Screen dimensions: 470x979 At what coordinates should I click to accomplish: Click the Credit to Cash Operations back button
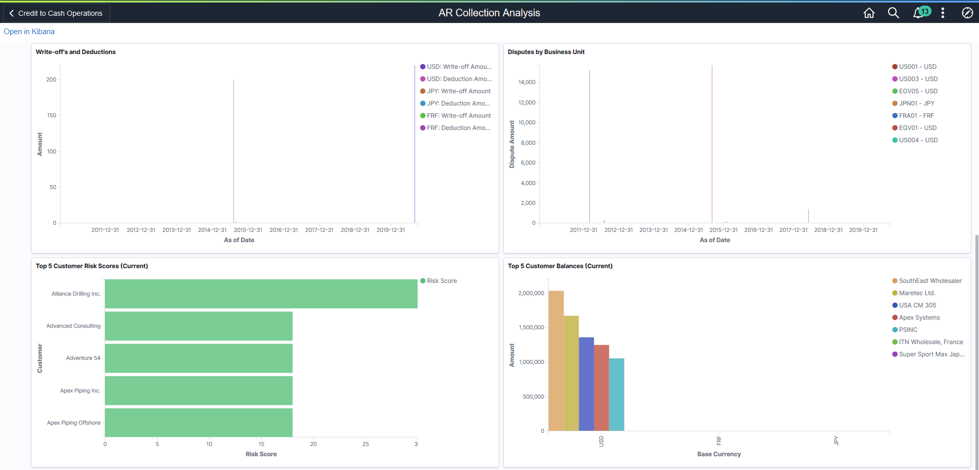coord(56,13)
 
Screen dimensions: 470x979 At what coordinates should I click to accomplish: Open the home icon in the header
coord(869,13)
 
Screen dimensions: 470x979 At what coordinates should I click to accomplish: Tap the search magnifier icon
coord(893,13)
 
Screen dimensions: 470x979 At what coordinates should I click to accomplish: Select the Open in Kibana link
coord(29,32)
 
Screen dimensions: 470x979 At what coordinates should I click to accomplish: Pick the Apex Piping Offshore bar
coord(199,423)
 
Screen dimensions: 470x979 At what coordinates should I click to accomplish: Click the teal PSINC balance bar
coord(616,395)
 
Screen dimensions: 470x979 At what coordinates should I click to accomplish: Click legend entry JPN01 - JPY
coord(916,103)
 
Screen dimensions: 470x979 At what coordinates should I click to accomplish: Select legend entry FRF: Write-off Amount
coord(458,116)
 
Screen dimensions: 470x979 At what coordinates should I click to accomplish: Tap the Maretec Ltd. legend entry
coord(917,293)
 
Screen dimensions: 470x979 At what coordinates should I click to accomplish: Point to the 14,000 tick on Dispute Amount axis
coord(527,82)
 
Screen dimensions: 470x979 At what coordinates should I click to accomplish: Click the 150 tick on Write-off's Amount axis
coord(51,115)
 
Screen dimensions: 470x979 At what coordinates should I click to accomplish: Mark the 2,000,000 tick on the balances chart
coord(531,293)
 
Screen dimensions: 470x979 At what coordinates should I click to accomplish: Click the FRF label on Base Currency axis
coord(719,440)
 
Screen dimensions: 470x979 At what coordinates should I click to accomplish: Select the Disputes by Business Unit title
coord(546,52)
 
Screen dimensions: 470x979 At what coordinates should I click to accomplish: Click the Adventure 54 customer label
coord(83,358)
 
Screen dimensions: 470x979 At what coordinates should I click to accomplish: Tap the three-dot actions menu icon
coord(943,13)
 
